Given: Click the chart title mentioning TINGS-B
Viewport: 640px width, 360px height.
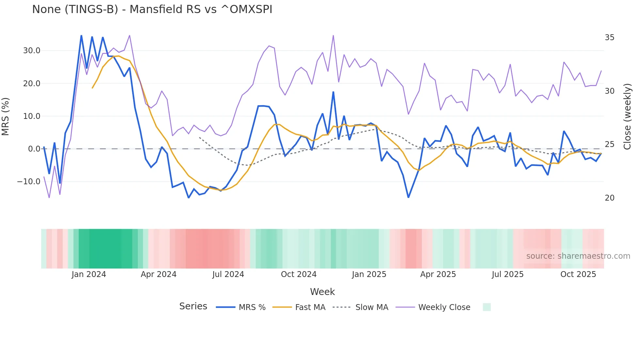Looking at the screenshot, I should coord(152,9).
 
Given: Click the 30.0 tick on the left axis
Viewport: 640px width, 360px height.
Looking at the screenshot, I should coord(32,51).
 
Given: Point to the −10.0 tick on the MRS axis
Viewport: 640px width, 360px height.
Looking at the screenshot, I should coord(29,182).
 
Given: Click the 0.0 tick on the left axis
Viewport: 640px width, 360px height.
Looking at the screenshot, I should coord(34,149).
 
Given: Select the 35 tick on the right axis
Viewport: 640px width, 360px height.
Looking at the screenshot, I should coord(609,38).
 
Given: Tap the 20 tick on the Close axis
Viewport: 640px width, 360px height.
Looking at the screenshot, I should coord(609,198).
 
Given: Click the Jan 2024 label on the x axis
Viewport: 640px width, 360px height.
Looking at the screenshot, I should coord(89,274).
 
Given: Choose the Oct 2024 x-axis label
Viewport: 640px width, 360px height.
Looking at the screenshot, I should coord(299,274).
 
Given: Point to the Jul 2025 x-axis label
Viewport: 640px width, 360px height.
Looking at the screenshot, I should coord(507,274).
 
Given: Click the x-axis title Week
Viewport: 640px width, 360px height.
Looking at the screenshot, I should coord(322,292).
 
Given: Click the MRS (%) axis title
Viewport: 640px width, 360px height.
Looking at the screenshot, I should coord(6,116).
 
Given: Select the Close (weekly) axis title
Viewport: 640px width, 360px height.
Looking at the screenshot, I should coord(627,116).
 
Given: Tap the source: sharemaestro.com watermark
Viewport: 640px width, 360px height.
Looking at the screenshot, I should coord(578,256).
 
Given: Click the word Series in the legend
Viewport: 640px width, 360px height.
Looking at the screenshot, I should coord(193,306).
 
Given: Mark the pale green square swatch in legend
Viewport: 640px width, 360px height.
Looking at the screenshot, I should coord(487,307).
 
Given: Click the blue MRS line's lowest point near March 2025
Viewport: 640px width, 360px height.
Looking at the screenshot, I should coord(408,197).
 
